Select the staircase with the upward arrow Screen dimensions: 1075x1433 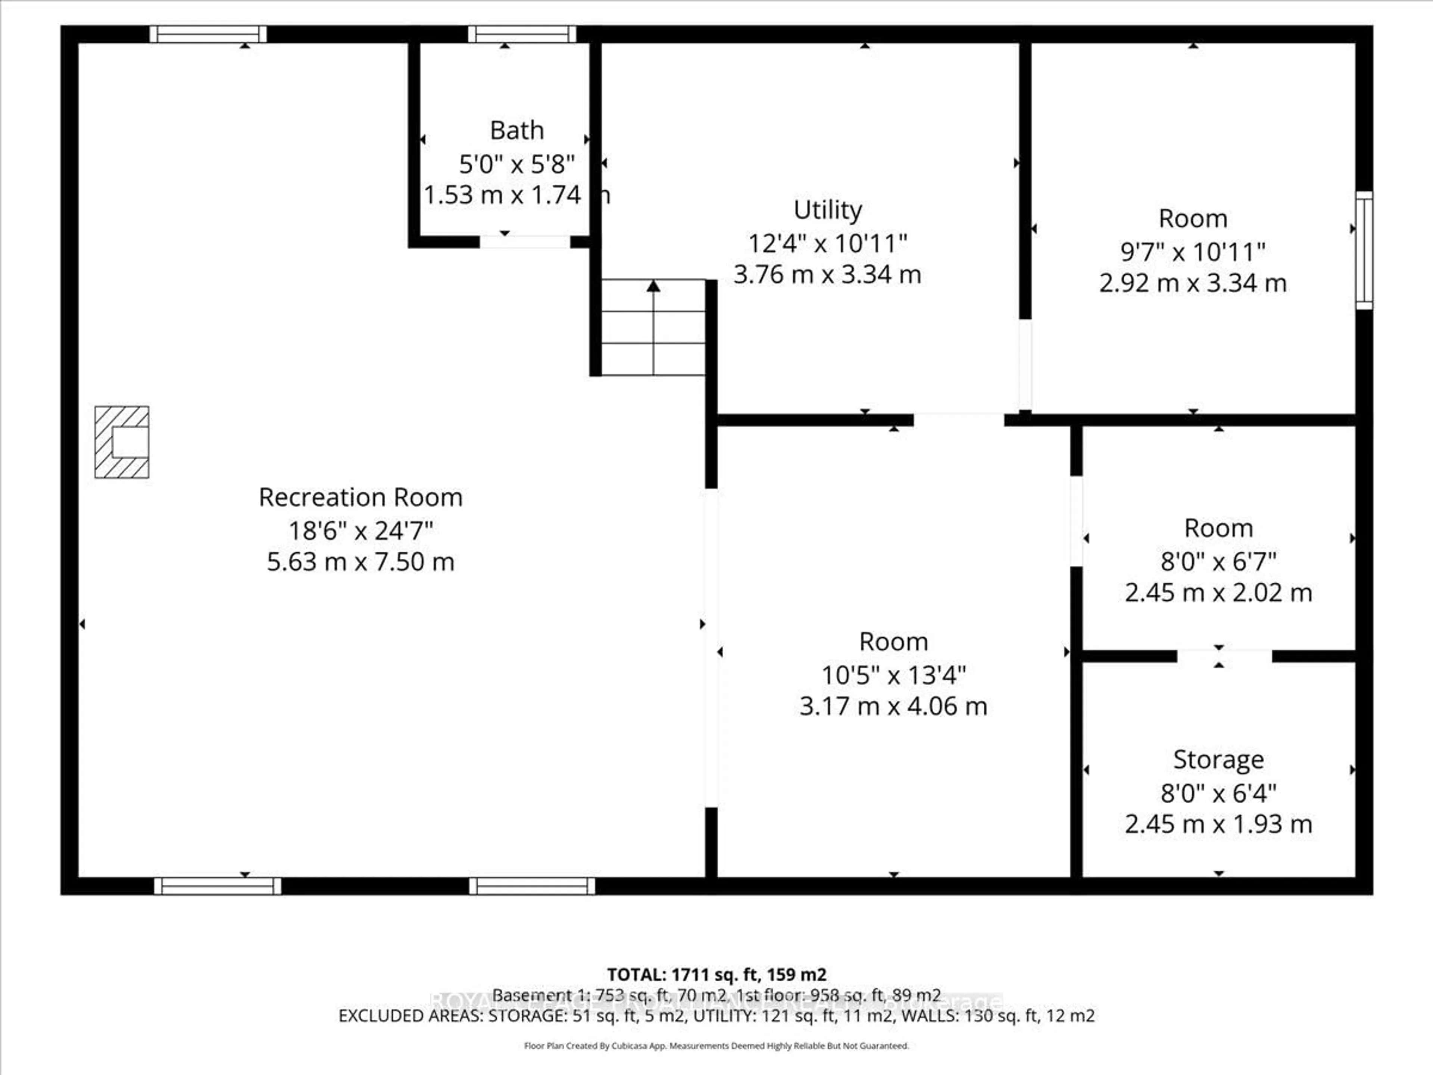pyautogui.click(x=653, y=328)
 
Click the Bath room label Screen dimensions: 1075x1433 pyautogui.click(x=516, y=131)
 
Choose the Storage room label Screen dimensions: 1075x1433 pyautogui.click(x=1218, y=760)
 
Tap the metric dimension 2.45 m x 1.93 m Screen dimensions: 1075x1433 pyautogui.click(x=1218, y=824)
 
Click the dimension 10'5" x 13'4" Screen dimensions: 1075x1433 pyautogui.click(x=893, y=675)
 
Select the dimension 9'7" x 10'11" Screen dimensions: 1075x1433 pyautogui.click(x=1193, y=252)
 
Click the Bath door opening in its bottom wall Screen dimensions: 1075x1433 pyautogui.click(x=525, y=242)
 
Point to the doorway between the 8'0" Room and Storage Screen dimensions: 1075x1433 pyautogui.click(x=1224, y=656)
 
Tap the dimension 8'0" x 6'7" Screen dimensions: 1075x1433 pyautogui.click(x=1218, y=561)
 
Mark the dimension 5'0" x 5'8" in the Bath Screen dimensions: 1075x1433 pyautogui.click(x=516, y=165)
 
